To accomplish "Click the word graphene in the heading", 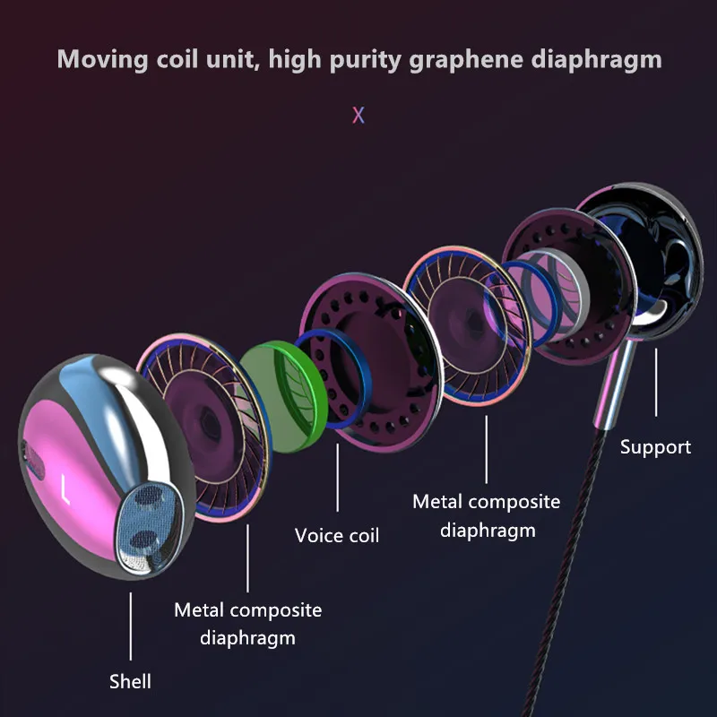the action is [466, 60].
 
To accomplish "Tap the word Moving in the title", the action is [102, 60].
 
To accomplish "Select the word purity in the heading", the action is [365, 60].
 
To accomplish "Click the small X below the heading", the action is [358, 116].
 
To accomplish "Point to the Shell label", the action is [130, 681].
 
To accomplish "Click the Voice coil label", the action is [337, 535].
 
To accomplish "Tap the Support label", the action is [655, 447].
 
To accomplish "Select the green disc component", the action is [283, 396].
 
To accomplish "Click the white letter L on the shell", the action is [65, 489].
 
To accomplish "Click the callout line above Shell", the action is [130, 626].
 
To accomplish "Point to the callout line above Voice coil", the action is [338, 478].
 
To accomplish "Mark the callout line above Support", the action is [656, 383].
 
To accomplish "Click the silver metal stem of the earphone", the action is [615, 384].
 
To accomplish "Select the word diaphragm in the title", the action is [596, 60].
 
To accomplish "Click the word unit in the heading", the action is [233, 60].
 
